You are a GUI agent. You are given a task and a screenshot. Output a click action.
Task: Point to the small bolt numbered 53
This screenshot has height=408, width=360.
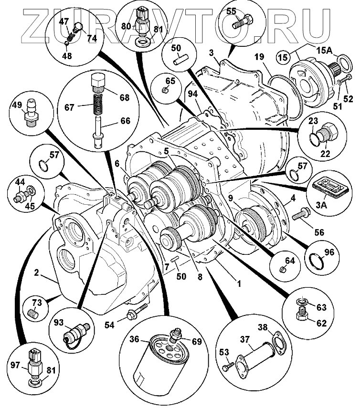[228, 368]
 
